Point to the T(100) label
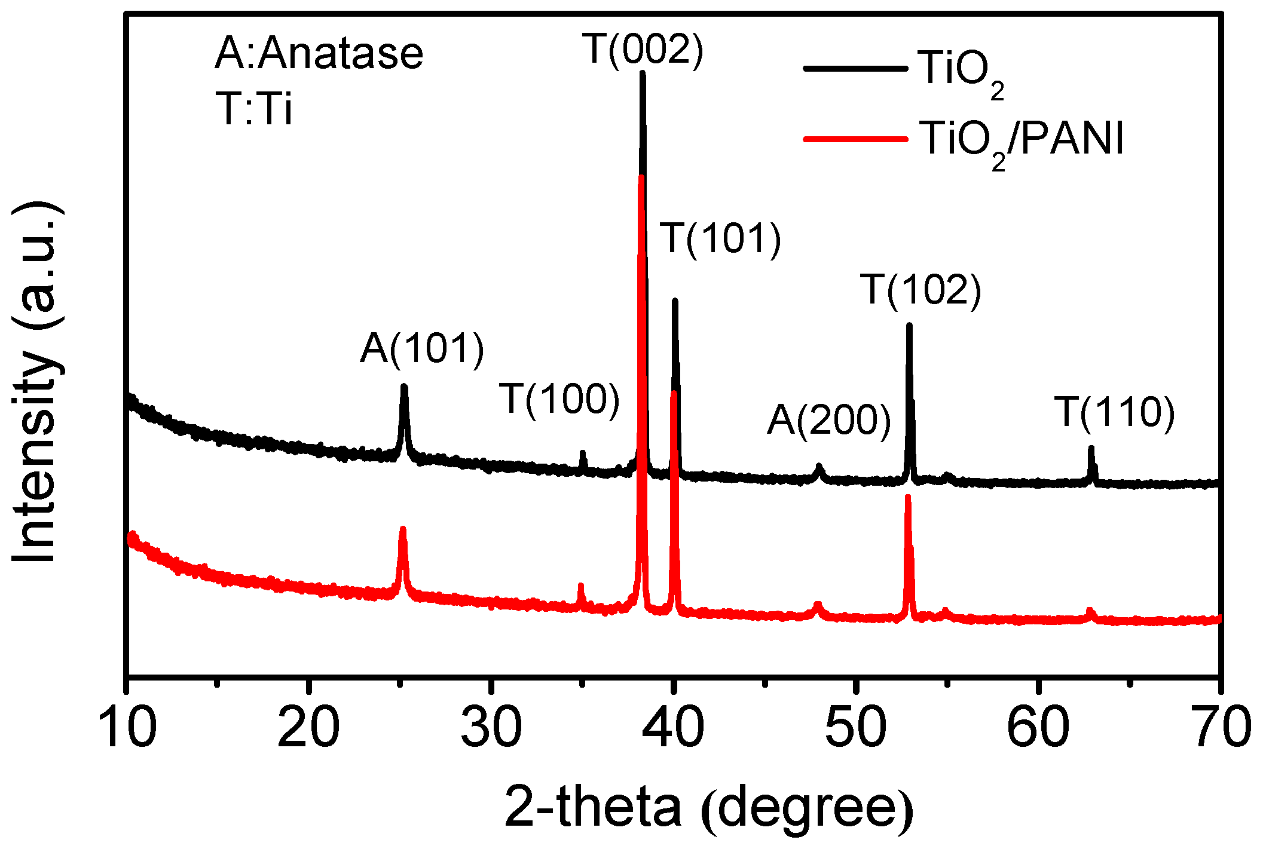tap(559, 399)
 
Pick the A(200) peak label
tap(829, 420)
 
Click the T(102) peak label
tap(921, 291)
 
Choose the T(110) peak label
tap(1115, 412)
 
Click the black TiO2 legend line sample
tap(855, 69)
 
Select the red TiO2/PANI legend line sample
tap(855, 139)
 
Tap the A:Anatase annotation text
tap(319, 54)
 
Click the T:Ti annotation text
tap(254, 109)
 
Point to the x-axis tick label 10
tap(127, 727)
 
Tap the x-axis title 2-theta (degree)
tap(708, 808)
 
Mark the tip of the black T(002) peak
tap(643, 73)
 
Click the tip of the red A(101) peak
tap(402, 529)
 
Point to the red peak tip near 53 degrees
tap(907, 497)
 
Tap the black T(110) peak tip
tap(1091, 448)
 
